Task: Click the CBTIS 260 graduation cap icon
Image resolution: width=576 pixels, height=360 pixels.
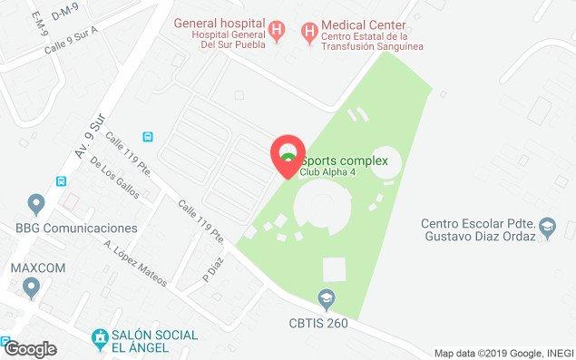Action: tap(324, 297)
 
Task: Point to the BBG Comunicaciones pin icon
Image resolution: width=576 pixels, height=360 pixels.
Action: tap(35, 203)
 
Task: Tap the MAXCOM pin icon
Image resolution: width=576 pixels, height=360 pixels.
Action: tap(33, 289)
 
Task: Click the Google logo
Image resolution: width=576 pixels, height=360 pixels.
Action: tap(30, 348)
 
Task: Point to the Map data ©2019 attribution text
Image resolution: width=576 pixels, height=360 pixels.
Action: tap(503, 353)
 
